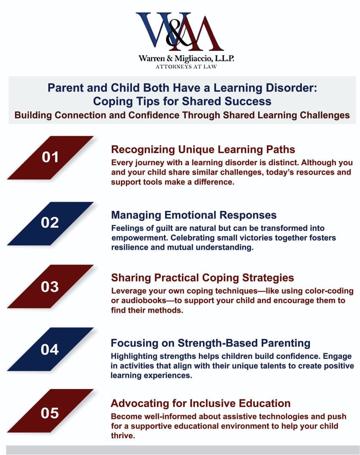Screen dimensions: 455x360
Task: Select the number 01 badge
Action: (x=50, y=157)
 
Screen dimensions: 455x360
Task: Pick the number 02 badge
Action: (x=50, y=223)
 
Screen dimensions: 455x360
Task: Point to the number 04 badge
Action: (x=50, y=349)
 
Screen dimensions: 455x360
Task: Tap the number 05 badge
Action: (x=50, y=413)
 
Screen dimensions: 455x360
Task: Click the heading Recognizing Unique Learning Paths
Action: (x=203, y=150)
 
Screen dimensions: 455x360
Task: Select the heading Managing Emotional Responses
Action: (x=194, y=215)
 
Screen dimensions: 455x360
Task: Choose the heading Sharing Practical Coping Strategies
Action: (x=203, y=277)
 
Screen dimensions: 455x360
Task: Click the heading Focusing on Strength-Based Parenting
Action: (x=210, y=343)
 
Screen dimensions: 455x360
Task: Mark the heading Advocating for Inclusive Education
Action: (x=200, y=404)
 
